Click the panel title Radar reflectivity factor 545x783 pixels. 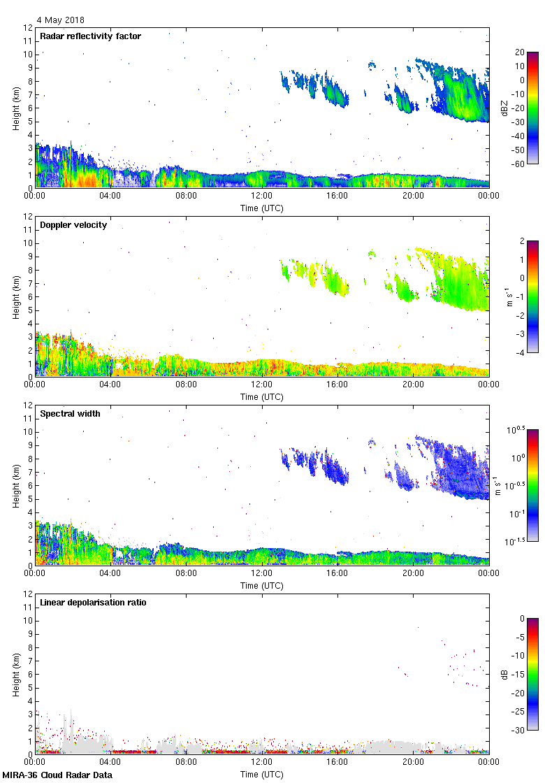[x=91, y=36]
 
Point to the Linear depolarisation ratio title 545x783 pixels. [x=94, y=603]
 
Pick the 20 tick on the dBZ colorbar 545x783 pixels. [x=520, y=52]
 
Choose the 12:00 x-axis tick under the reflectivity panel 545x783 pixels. [x=262, y=196]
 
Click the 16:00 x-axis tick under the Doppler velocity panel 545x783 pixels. [x=337, y=385]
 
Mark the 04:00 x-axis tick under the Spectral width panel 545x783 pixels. [x=110, y=574]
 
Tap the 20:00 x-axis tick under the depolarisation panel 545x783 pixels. [x=413, y=763]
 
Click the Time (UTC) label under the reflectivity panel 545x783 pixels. [x=262, y=208]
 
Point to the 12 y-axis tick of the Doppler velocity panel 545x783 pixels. [x=28, y=217]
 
